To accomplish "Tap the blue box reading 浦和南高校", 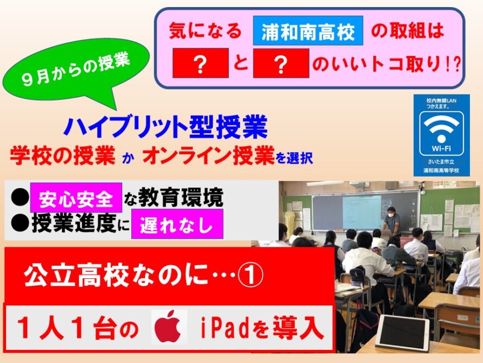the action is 308,31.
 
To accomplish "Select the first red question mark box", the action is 201,63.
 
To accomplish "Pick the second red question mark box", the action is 281,63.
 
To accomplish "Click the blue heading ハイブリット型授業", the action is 166,127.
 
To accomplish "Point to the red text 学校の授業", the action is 63,155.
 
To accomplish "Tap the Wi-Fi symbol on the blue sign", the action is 441,128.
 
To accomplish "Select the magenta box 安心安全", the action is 76,198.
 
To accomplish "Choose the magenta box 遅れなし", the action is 177,224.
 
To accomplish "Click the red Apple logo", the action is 169,327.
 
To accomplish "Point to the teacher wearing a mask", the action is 391,220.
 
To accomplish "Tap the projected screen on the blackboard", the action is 362,212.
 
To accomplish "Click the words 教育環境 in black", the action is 181,197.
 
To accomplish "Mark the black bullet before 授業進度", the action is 20,223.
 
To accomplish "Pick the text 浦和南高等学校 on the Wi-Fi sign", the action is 441,171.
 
